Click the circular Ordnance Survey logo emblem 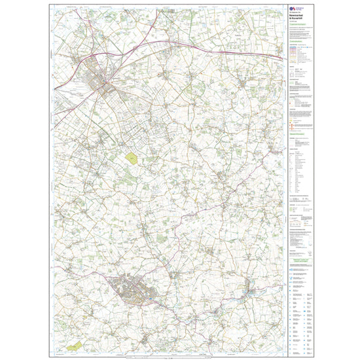[290, 9]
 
